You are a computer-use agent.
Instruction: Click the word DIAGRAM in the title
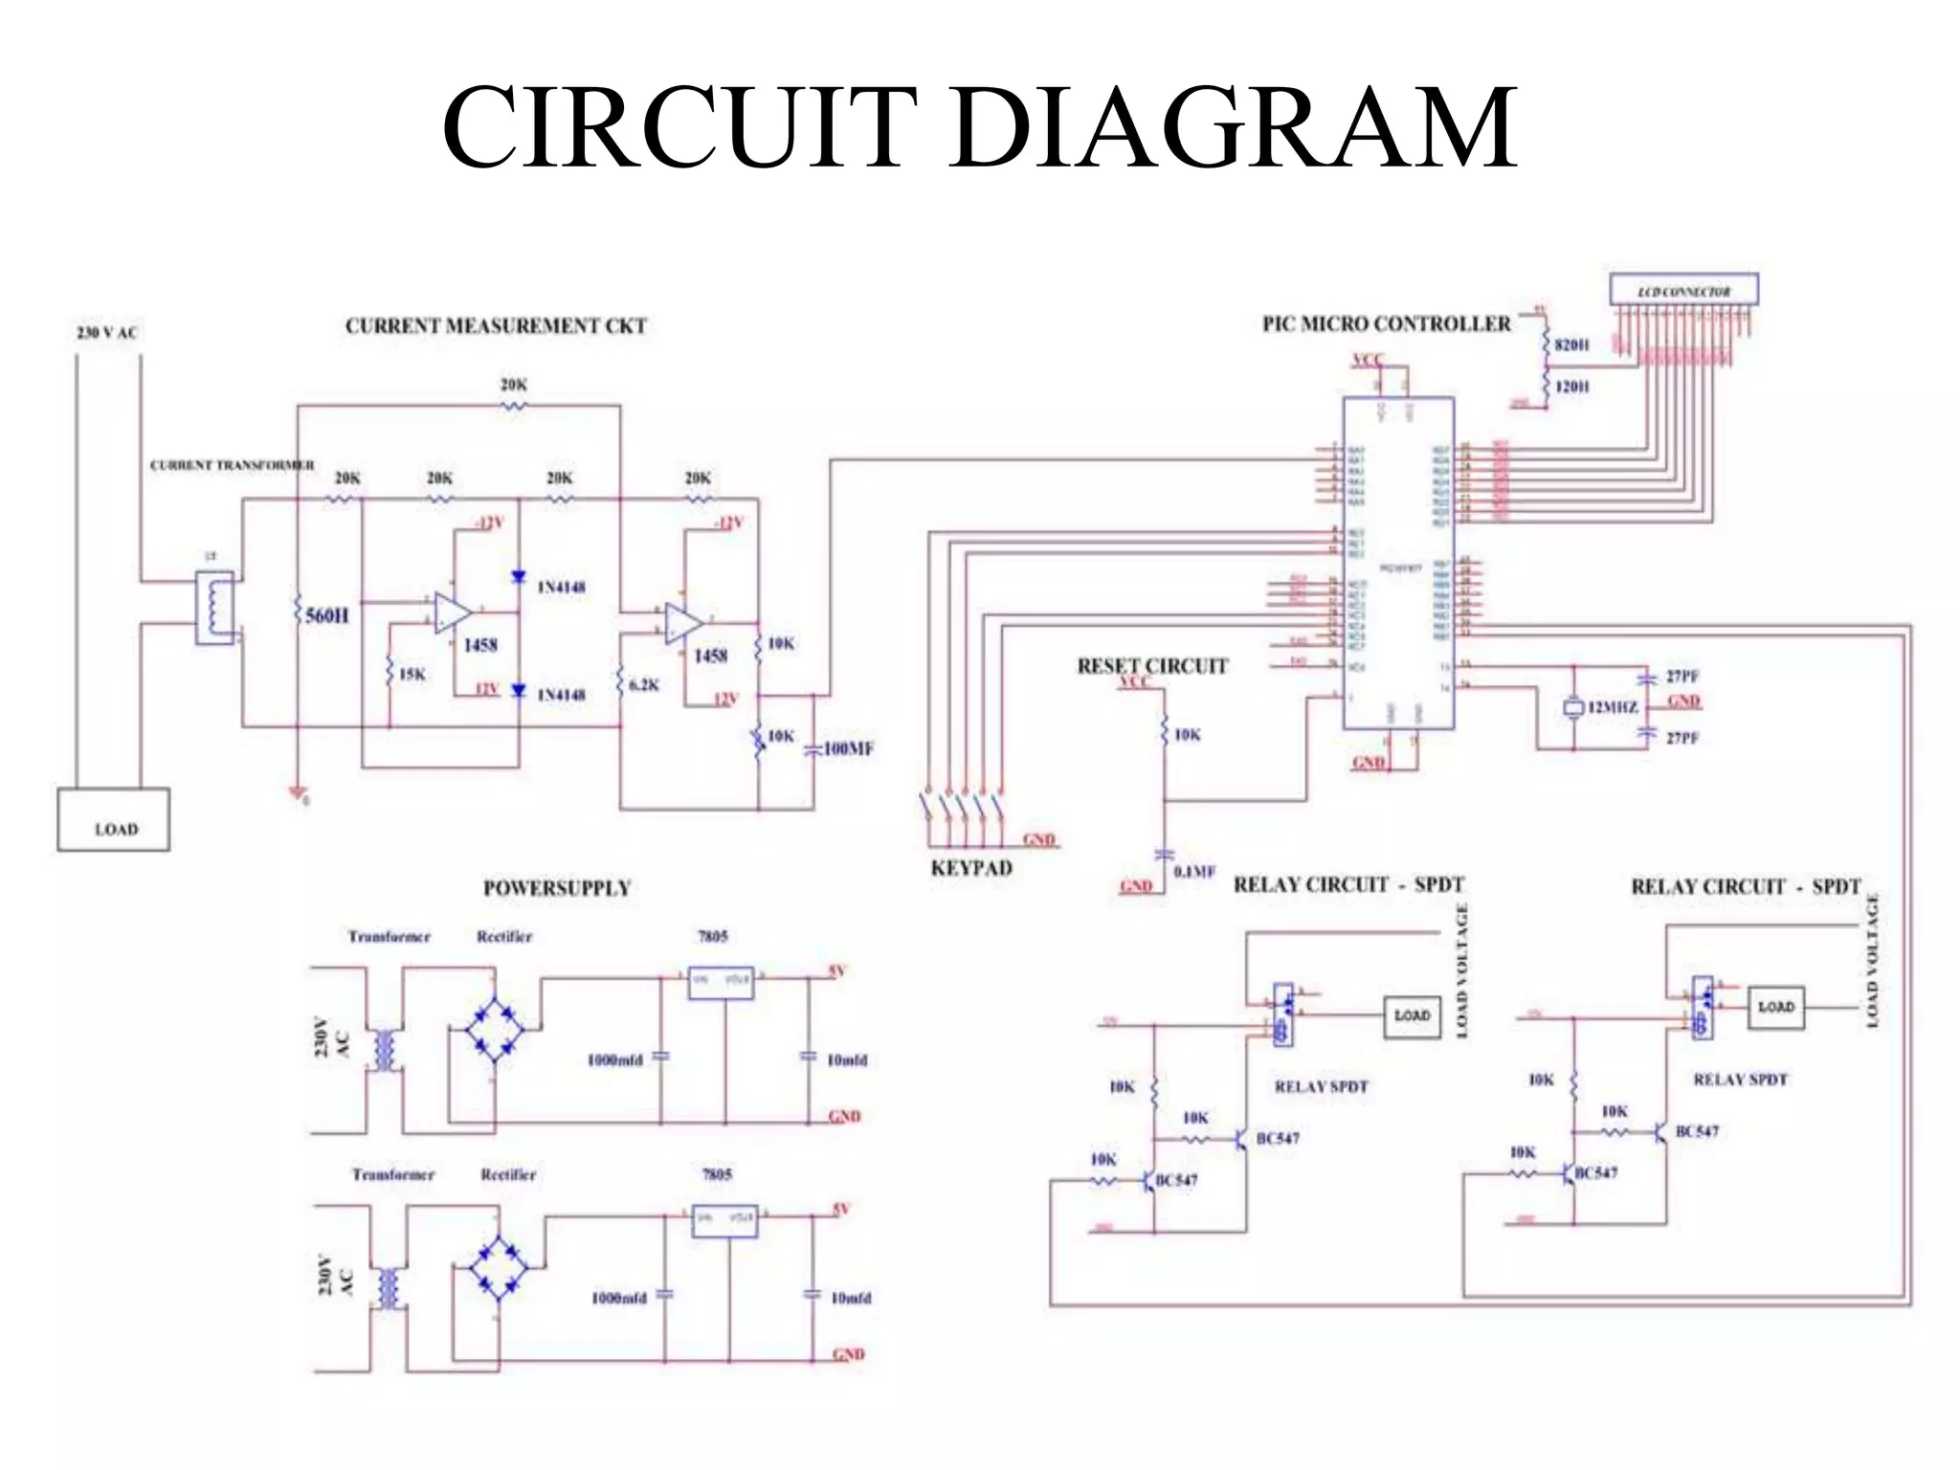(x=1236, y=126)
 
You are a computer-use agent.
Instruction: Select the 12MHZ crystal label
(x=1613, y=707)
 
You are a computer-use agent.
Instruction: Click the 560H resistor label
(x=327, y=615)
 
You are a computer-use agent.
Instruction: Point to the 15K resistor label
(x=412, y=674)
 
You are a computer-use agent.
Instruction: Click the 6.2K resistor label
(x=644, y=685)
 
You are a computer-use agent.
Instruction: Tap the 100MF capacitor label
(x=848, y=748)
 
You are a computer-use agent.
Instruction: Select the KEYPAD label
(x=970, y=868)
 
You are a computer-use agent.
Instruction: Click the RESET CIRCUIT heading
(x=1152, y=666)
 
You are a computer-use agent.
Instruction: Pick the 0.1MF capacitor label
(x=1193, y=871)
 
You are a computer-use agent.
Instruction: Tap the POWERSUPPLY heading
(x=556, y=888)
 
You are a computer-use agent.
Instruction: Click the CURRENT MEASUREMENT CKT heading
(x=496, y=326)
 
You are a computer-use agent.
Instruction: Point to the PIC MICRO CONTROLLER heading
(x=1386, y=324)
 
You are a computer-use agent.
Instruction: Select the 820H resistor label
(x=1571, y=345)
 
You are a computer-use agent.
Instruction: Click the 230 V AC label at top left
(x=106, y=332)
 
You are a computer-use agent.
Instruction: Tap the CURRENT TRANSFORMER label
(x=232, y=465)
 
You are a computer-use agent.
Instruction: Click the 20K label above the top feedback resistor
(x=514, y=385)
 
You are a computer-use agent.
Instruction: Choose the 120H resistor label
(x=1571, y=387)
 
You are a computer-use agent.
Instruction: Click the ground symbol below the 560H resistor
(x=299, y=792)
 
